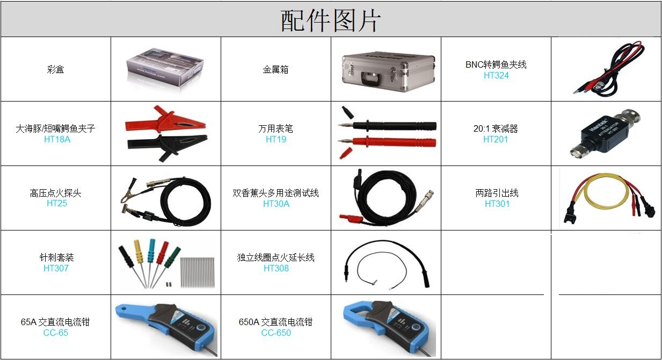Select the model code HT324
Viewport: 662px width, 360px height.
496,75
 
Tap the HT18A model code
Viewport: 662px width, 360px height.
57,139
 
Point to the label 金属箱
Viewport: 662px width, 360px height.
275,69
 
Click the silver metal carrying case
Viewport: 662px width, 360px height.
389,71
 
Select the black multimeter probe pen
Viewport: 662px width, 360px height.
388,126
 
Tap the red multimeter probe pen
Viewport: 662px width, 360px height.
388,142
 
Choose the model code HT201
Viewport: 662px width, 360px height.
496,139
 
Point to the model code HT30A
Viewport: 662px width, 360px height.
276,204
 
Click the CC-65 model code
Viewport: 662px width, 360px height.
55,333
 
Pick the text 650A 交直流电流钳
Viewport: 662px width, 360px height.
275,322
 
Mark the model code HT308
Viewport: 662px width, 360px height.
276,268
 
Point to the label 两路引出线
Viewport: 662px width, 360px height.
497,193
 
